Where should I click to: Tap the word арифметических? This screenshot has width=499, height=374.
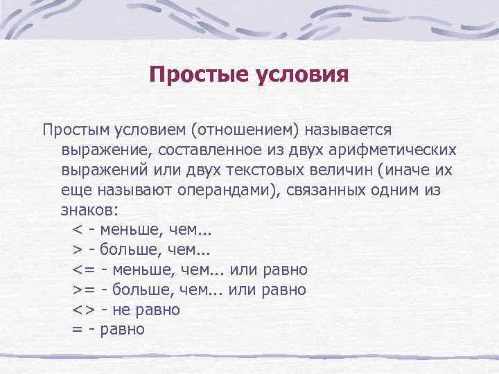click(x=388, y=150)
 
